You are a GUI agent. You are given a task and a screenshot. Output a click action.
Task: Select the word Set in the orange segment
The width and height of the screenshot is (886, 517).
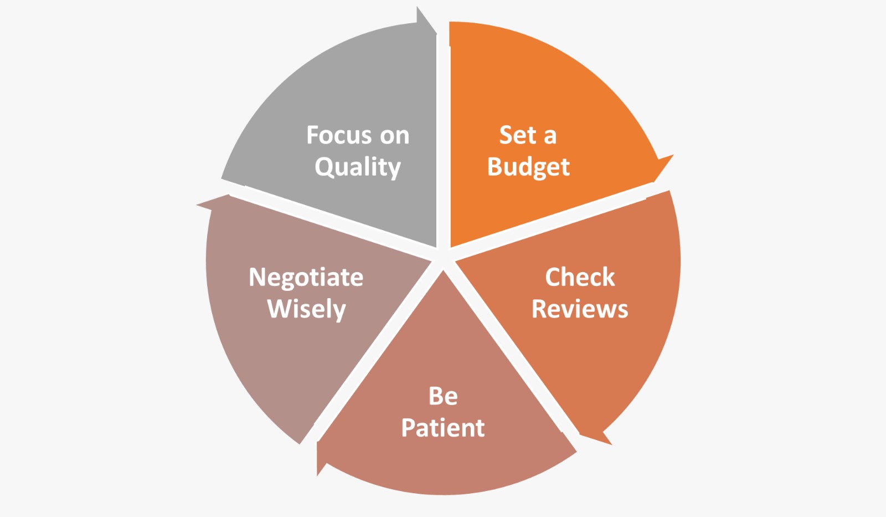pos(518,135)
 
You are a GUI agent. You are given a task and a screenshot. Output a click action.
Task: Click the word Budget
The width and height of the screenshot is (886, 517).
pos(528,167)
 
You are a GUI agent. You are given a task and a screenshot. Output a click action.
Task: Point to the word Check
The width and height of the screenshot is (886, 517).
pos(580,277)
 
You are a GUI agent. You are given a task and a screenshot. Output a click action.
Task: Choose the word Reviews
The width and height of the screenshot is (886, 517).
pos(580,309)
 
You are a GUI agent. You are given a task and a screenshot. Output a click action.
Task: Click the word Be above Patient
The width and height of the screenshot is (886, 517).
pos(443,396)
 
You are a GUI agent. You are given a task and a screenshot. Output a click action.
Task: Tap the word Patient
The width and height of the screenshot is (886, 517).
pos(443,428)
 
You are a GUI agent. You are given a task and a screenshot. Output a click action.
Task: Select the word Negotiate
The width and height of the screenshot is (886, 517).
pos(306,277)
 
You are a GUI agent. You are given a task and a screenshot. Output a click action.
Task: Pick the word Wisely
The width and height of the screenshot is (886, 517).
pos(307,310)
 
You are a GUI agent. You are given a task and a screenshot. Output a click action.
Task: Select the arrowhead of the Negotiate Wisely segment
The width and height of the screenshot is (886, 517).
pos(214,202)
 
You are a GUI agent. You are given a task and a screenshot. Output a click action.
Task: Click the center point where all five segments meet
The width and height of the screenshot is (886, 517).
pos(444,257)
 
